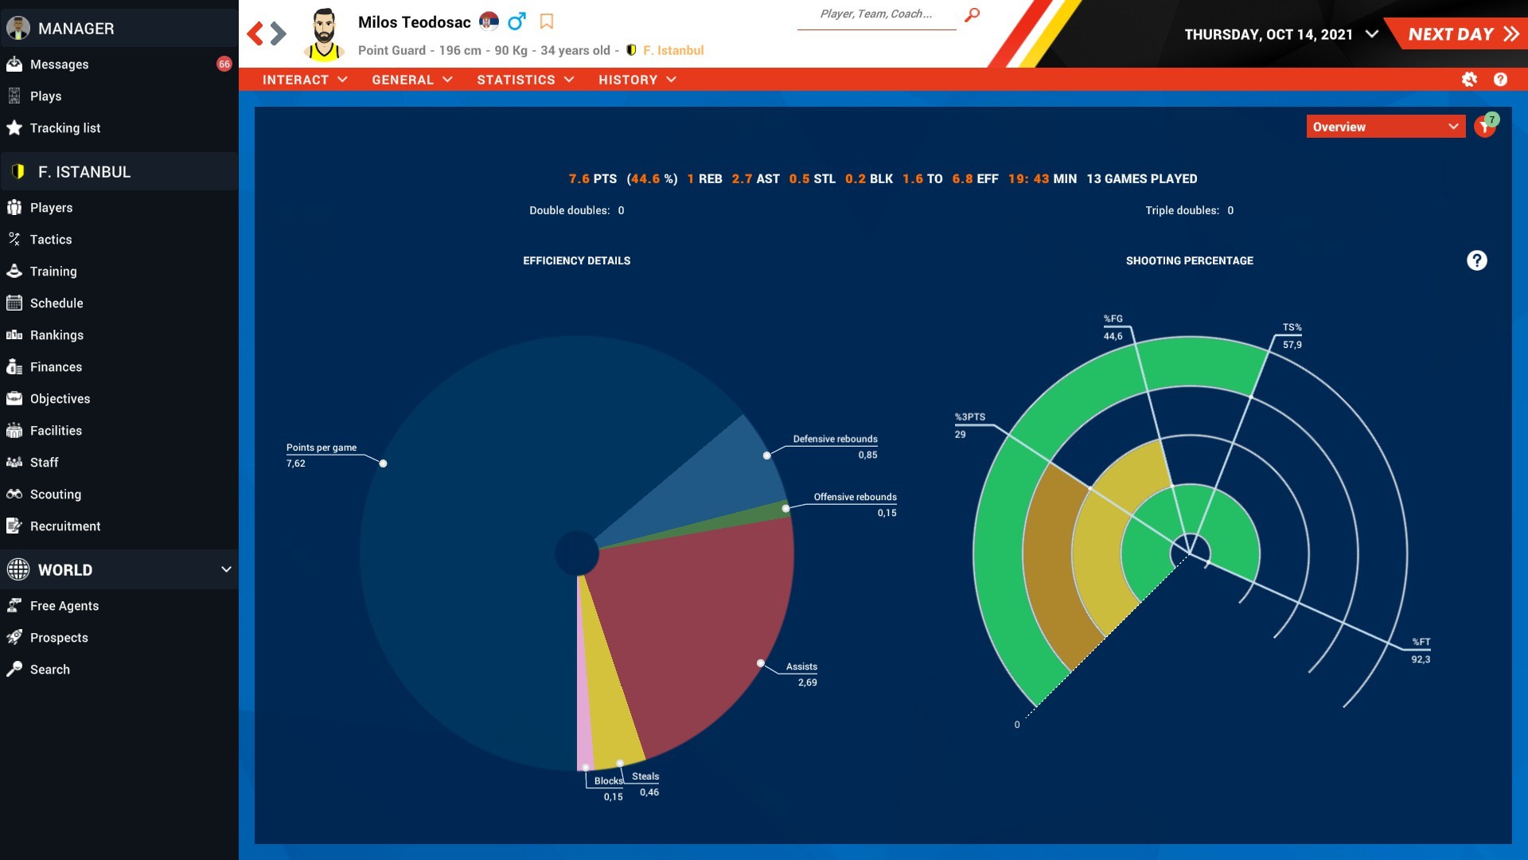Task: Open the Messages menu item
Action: (x=59, y=64)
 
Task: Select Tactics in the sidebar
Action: (x=50, y=240)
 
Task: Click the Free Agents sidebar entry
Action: (x=64, y=606)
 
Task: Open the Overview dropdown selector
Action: (x=1385, y=127)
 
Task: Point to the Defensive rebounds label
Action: (x=835, y=439)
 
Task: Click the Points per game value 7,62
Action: (x=296, y=463)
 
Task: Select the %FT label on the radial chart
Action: (x=1421, y=642)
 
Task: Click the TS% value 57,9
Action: (x=1292, y=345)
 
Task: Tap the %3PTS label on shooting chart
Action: (x=969, y=417)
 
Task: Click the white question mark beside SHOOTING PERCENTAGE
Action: (x=1476, y=260)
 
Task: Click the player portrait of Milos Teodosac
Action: (x=323, y=34)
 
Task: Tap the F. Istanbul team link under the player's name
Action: (x=672, y=50)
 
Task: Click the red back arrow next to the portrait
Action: (x=255, y=33)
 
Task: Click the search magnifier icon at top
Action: (x=972, y=14)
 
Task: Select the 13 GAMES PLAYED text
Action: (x=1141, y=179)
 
